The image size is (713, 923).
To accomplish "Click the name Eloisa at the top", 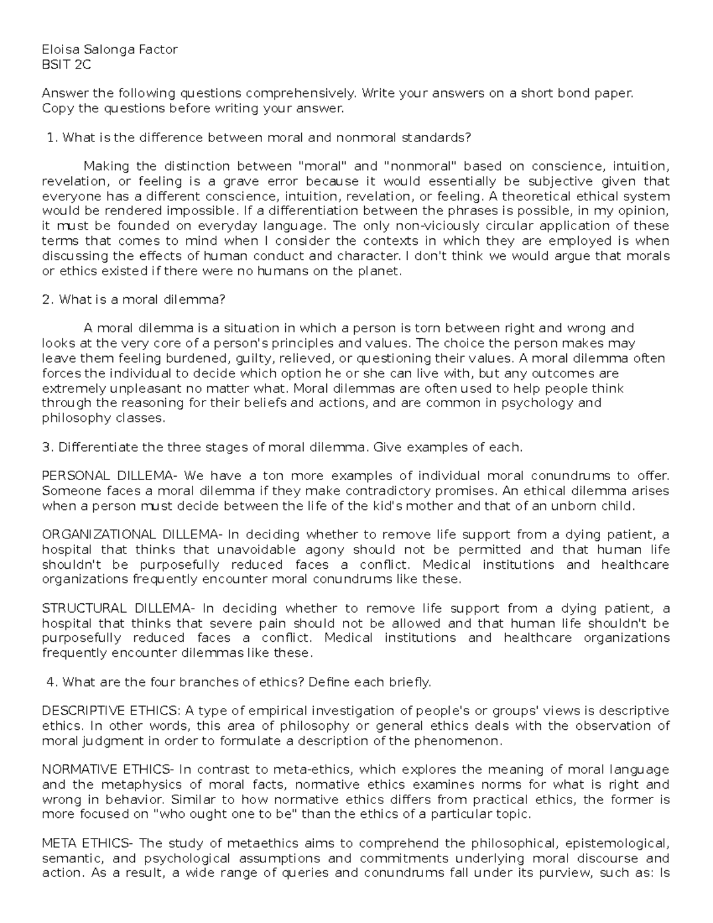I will click(x=59, y=50).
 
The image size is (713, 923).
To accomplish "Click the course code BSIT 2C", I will click(x=66, y=65).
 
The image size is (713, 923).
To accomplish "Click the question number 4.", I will click(x=51, y=682).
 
